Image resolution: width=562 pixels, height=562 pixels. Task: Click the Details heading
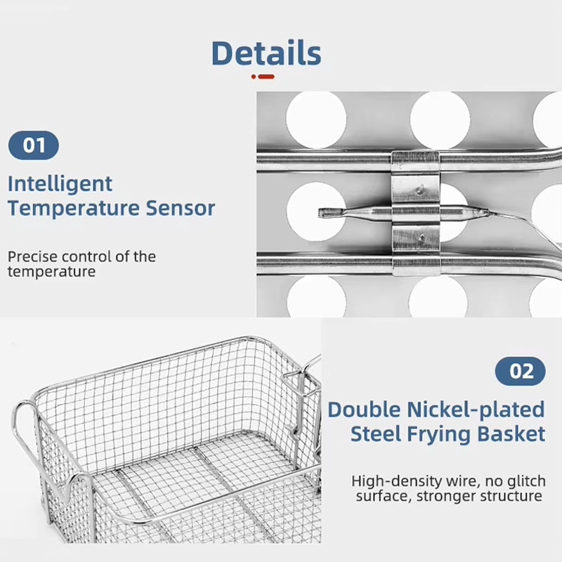tap(266, 53)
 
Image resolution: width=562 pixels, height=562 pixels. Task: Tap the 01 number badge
tap(33, 145)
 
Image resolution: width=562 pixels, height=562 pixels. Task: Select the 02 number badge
tap(521, 371)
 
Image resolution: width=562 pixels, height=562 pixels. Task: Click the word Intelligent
tap(60, 185)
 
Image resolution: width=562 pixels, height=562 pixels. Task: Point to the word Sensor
tap(181, 208)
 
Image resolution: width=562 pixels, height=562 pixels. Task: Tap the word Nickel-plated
tap(476, 410)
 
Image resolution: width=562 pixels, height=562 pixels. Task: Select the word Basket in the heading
tap(511, 433)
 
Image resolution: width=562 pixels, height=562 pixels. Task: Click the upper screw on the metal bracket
tap(420, 189)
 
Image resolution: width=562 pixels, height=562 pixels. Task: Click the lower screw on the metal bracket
tap(422, 237)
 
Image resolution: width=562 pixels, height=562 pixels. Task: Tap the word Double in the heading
tap(364, 410)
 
